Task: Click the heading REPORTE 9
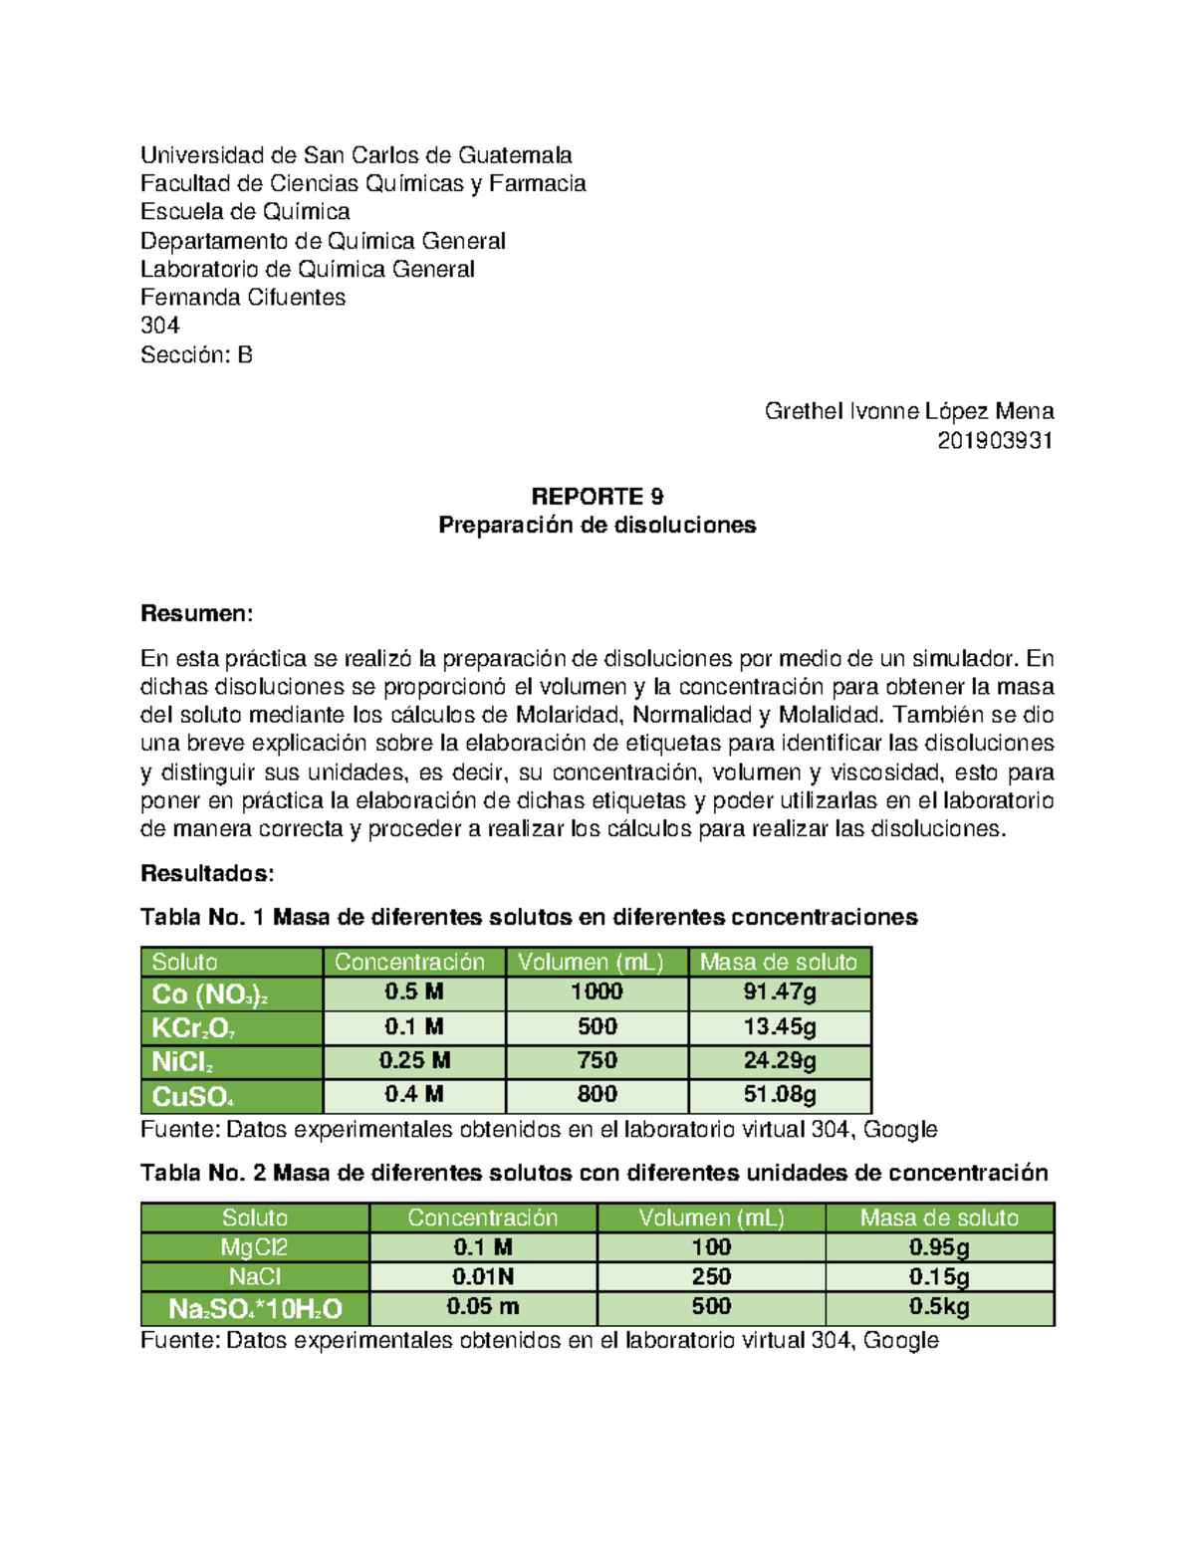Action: point(597,497)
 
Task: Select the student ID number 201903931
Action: point(995,440)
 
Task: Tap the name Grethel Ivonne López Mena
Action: point(908,411)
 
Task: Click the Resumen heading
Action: point(196,613)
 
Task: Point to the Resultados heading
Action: point(206,874)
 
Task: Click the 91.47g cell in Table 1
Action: point(780,993)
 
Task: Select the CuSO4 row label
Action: point(231,1096)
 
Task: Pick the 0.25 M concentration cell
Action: point(414,1061)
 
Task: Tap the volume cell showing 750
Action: point(597,1061)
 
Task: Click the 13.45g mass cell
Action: point(780,1026)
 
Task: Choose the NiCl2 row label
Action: point(231,1062)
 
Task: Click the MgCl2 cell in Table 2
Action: point(255,1247)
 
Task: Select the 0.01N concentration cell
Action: point(483,1277)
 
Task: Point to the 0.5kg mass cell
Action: point(939,1307)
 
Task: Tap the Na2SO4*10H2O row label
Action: point(255,1308)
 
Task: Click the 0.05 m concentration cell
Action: point(483,1307)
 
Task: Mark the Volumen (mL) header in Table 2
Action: point(711,1217)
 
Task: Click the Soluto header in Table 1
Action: point(231,962)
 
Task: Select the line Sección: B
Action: point(196,355)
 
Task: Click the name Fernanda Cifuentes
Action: point(243,298)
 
